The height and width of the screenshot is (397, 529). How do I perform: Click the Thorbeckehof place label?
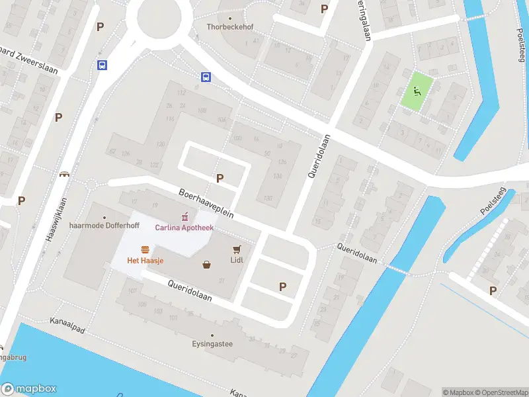229,27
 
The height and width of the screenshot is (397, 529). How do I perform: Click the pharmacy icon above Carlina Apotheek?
185,216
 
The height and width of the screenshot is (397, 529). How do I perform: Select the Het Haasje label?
145,261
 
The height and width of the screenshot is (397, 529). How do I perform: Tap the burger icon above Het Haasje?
145,249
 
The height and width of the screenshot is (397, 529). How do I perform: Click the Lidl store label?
237,260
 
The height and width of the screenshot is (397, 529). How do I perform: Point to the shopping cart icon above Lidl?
237,249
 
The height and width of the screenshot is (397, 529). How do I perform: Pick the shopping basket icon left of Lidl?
207,265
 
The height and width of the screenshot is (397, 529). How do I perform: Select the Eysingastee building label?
212,344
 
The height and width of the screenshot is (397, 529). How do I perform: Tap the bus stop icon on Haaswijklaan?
102,65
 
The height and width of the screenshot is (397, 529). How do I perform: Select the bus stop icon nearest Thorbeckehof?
206,77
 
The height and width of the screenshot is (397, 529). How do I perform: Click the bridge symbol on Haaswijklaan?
65,175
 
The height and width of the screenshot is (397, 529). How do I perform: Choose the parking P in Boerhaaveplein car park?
220,178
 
